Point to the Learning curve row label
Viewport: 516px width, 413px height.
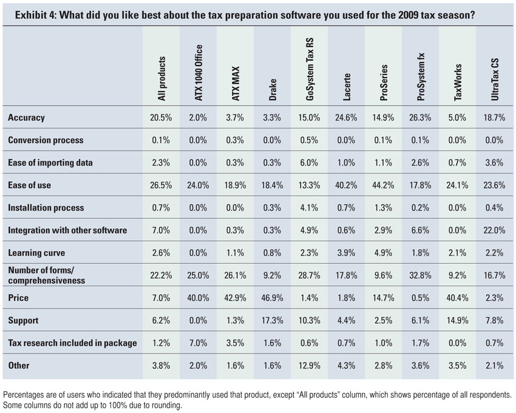point(36,253)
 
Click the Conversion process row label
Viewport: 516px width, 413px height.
point(46,140)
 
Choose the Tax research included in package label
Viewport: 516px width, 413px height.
point(72,343)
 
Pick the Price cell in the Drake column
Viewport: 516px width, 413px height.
point(273,298)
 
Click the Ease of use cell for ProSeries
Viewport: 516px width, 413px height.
point(384,185)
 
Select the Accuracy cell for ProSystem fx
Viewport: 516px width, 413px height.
point(420,118)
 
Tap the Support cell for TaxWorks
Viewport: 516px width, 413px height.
point(457,321)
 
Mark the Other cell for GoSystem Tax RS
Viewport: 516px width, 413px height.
point(310,366)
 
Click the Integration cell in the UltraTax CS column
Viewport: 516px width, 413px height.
point(495,230)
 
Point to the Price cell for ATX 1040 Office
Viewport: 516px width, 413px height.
point(199,298)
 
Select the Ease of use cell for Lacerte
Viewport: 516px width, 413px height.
point(347,185)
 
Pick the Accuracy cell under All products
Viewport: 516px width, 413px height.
point(161,118)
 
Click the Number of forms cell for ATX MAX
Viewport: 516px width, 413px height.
point(236,275)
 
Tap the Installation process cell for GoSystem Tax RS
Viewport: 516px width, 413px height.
point(310,207)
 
